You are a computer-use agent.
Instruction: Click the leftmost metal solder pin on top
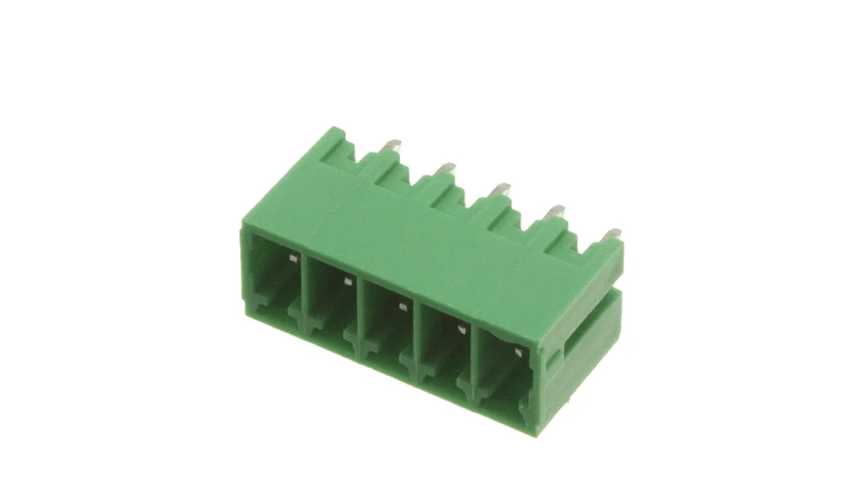click(392, 145)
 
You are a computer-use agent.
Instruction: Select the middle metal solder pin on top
click(499, 189)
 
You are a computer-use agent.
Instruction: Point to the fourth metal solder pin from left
click(554, 212)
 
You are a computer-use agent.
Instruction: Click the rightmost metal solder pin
click(611, 234)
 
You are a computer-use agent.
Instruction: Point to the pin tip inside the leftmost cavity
click(293, 259)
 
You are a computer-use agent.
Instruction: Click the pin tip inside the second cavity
click(347, 281)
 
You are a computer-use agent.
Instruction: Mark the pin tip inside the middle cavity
click(403, 307)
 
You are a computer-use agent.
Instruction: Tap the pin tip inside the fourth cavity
click(461, 329)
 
